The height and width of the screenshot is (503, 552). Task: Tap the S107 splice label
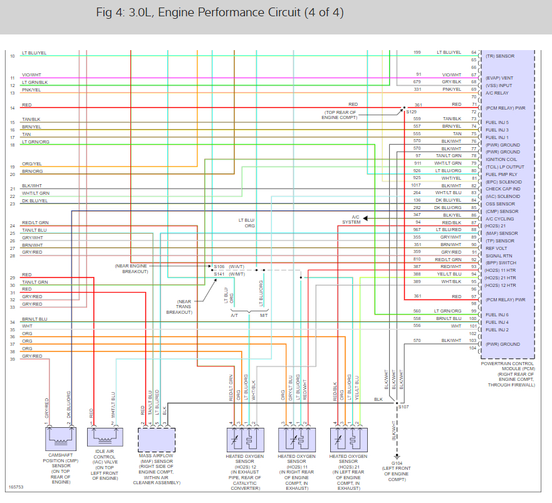click(x=404, y=408)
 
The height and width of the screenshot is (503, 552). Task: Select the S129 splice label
click(x=412, y=111)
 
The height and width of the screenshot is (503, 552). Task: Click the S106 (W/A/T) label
click(x=229, y=266)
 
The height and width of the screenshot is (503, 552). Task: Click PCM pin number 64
click(x=474, y=52)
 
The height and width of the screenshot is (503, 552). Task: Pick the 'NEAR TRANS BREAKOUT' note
click(x=180, y=306)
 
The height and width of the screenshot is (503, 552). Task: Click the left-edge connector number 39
click(x=12, y=360)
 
